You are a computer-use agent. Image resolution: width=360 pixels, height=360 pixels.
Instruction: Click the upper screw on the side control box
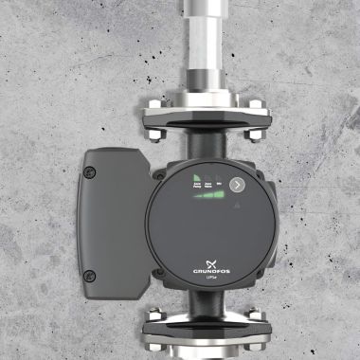coord(91,172)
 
